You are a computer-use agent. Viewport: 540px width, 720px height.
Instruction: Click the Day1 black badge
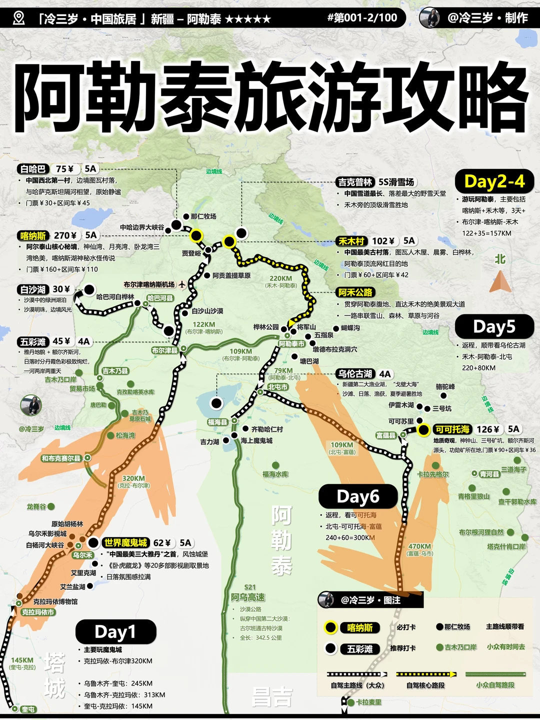tap(115, 632)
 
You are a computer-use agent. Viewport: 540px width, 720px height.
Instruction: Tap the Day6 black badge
tap(358, 496)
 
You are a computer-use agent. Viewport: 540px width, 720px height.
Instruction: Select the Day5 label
tap(494, 327)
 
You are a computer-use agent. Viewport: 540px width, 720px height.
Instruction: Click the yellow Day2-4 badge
tap(494, 181)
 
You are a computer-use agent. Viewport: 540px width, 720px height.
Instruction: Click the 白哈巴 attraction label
tap(33, 169)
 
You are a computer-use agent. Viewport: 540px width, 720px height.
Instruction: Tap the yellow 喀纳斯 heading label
tap(33, 235)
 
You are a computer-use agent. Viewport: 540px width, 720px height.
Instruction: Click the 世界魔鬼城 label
tap(125, 543)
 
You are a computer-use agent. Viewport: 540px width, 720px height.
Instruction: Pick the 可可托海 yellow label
tap(452, 429)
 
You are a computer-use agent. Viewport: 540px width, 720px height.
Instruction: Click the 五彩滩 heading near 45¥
tap(33, 342)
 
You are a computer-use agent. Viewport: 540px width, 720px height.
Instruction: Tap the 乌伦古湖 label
tap(354, 374)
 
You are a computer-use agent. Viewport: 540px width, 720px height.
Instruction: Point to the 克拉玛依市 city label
tap(38, 612)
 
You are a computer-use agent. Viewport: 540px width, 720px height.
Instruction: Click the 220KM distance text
tap(280, 278)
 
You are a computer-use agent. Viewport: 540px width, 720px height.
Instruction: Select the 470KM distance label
tap(419, 546)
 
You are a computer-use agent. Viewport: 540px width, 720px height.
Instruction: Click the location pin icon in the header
tap(18, 18)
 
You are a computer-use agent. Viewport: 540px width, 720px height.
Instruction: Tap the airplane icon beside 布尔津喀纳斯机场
tap(182, 284)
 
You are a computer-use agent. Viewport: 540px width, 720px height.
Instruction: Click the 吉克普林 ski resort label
tap(355, 182)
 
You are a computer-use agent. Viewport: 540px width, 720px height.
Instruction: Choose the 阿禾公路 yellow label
tap(355, 292)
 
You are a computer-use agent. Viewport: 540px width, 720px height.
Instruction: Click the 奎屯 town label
tap(28, 709)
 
